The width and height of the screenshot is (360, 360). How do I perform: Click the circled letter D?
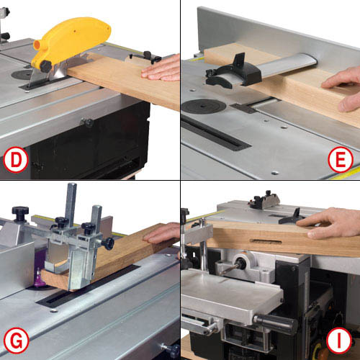tap(16, 160)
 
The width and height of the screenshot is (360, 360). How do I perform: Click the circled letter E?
tap(341, 159)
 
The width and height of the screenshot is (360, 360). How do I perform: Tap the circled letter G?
tap(16, 341)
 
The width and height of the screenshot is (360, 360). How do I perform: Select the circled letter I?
tap(339, 341)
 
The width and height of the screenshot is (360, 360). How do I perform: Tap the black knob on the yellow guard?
tap(45, 66)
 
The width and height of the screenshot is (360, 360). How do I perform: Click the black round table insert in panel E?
tap(204, 106)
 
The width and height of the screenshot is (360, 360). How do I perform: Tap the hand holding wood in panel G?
tap(162, 233)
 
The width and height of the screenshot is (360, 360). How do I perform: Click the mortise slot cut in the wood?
tap(266, 241)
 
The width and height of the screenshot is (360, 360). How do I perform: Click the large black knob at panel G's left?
tap(20, 213)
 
